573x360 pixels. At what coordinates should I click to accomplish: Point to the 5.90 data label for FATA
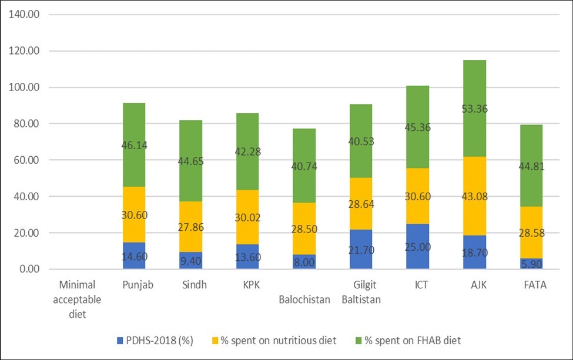coord(531,264)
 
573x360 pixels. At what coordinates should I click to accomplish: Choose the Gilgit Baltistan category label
coord(361,292)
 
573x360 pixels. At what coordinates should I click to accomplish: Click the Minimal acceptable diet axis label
coord(81,300)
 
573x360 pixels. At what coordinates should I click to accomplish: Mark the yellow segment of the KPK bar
coord(247,206)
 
